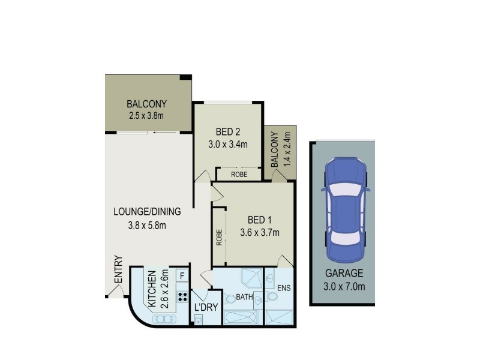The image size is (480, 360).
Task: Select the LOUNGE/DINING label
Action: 147,212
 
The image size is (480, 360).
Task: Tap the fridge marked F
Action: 181,276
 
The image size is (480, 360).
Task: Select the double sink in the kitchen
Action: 162,319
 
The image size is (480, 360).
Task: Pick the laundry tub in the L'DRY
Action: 199,320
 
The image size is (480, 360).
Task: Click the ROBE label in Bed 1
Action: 220,237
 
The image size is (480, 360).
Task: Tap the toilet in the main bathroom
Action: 230,299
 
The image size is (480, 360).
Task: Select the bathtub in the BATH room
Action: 240,316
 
